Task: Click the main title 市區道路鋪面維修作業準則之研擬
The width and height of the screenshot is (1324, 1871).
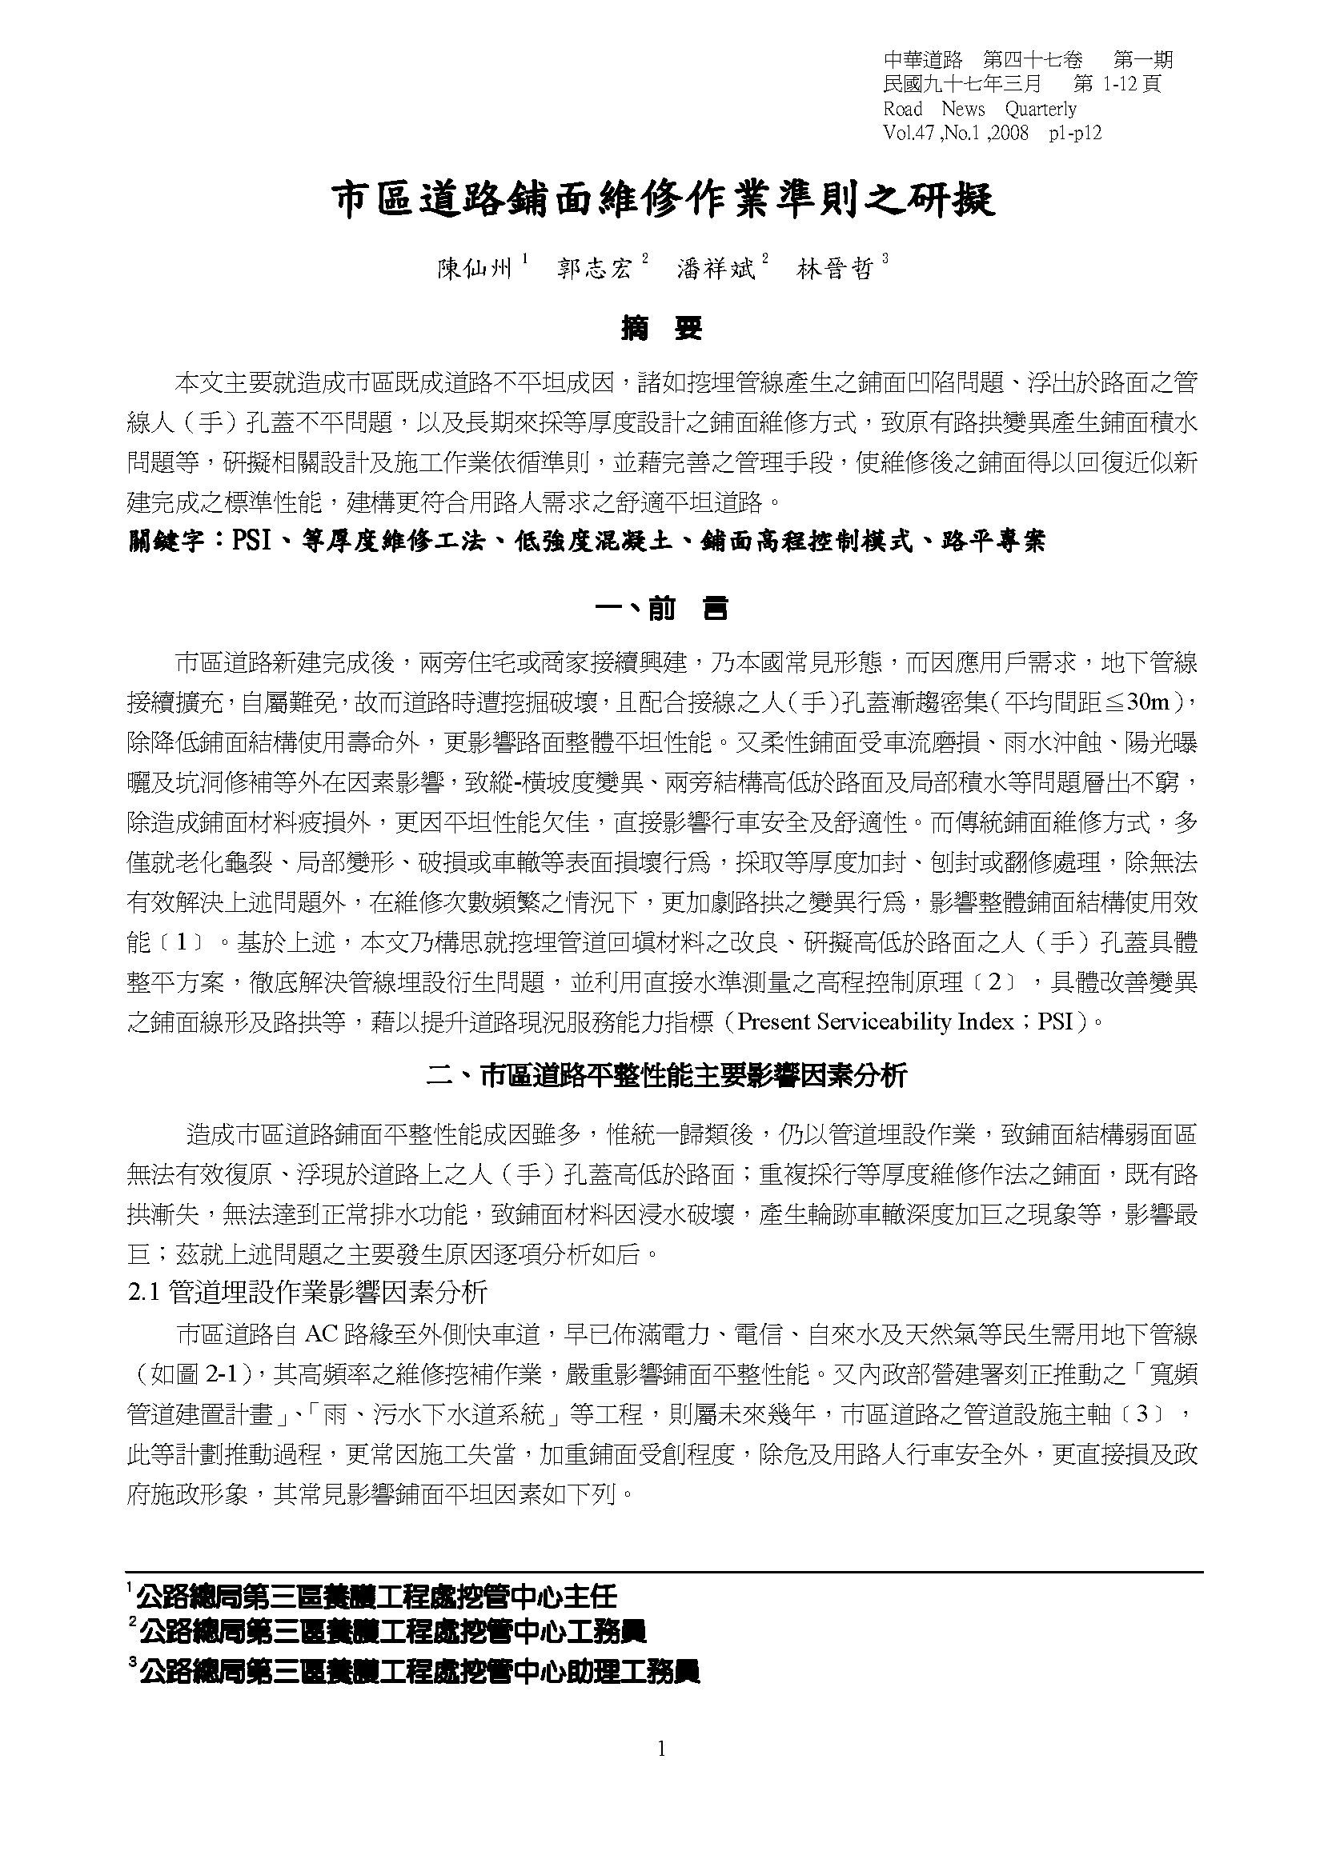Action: click(x=662, y=200)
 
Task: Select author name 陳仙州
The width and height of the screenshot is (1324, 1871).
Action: click(x=475, y=269)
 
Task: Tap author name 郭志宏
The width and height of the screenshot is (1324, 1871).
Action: click(x=594, y=269)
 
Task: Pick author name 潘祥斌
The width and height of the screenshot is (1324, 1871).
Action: click(x=715, y=269)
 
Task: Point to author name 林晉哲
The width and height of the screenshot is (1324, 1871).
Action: click(x=834, y=269)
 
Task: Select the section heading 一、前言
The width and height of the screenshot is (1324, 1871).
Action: click(x=662, y=609)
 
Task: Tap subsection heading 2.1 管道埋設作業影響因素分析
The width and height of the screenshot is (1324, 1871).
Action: click(x=308, y=1292)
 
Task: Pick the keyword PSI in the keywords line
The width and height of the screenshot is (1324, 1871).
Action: click(x=251, y=542)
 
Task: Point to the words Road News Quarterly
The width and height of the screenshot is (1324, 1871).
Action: click(x=979, y=110)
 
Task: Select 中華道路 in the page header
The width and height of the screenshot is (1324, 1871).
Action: click(x=922, y=59)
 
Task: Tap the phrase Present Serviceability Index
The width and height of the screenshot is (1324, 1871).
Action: click(x=875, y=1021)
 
